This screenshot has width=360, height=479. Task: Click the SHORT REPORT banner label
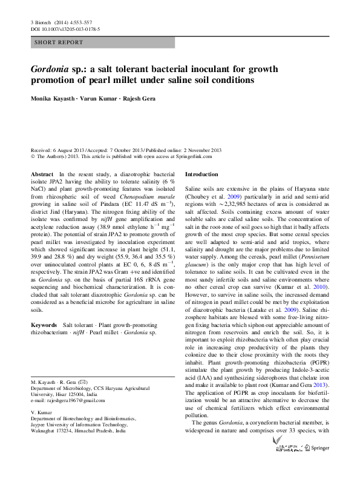click(x=55, y=43)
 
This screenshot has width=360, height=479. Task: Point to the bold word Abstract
click(x=42, y=174)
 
